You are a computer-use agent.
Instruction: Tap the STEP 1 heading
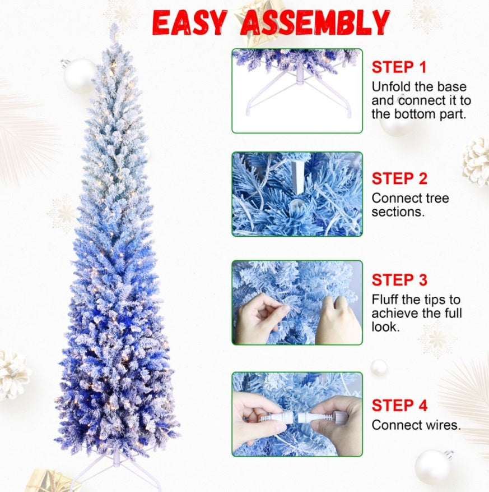399,67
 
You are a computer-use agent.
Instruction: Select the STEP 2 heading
399,179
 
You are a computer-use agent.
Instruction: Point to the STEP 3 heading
399,280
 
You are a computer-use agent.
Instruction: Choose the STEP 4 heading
399,405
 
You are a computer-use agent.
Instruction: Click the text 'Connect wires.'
416,425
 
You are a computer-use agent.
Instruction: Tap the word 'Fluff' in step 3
387,300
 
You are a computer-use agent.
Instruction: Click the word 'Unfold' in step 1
393,87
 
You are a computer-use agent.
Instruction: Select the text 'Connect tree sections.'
410,205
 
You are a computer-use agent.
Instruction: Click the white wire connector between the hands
297,417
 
